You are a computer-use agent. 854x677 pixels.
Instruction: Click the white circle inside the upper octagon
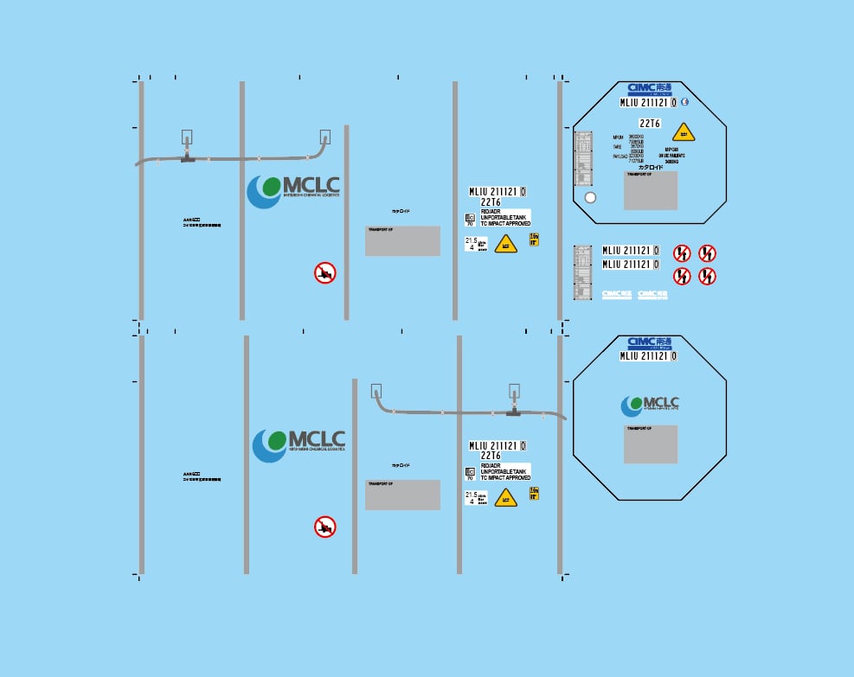(590, 197)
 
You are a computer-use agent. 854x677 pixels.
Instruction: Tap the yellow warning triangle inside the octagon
(684, 132)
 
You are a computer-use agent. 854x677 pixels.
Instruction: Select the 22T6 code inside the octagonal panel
(650, 124)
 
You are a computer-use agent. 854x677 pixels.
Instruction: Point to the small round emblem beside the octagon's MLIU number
(684, 101)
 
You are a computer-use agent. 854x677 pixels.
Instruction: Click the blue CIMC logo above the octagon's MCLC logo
(649, 343)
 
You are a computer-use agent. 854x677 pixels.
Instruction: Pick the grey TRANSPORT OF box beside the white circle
(650, 190)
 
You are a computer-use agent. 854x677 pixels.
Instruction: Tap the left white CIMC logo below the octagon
(616, 294)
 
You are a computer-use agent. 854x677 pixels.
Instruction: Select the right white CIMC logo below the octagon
(652, 294)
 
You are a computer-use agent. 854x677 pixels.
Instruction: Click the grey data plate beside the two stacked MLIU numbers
(582, 271)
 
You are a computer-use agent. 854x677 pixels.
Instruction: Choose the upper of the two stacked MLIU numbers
(631, 251)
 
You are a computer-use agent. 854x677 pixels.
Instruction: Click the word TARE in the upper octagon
(617, 146)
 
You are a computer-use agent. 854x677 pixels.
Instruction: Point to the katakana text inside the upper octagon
(651, 166)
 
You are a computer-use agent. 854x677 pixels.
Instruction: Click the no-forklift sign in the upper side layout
(324, 273)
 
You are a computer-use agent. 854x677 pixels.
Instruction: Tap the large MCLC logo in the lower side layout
(299, 443)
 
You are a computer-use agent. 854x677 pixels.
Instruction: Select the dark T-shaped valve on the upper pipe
(187, 158)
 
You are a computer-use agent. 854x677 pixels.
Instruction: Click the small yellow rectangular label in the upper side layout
(534, 239)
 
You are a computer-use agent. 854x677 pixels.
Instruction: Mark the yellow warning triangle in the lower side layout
(505, 497)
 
